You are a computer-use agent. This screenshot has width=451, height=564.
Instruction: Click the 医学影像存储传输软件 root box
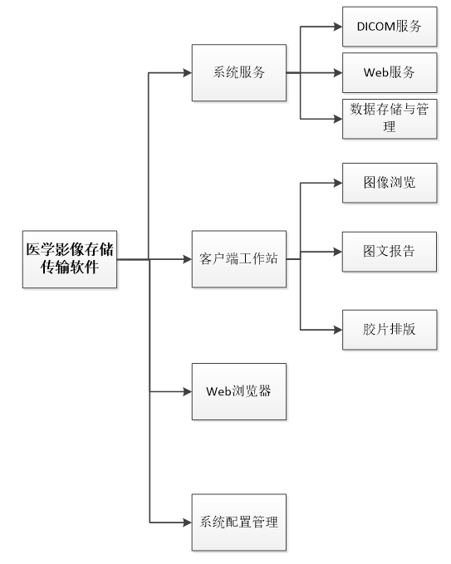[70, 259]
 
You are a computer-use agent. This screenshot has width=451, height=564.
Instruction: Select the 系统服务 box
[239, 72]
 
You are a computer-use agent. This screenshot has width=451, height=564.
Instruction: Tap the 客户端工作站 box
[239, 259]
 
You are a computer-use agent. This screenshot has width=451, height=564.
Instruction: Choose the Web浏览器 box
[239, 391]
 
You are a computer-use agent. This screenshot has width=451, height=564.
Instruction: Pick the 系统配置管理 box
[239, 522]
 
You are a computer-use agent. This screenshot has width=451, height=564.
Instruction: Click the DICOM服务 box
[390, 27]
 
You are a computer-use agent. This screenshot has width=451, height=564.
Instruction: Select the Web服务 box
[390, 72]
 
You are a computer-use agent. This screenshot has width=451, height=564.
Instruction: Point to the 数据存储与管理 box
[390, 119]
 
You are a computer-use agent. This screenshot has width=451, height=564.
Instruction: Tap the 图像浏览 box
[390, 183]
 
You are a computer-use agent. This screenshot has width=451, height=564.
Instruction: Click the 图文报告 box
[390, 252]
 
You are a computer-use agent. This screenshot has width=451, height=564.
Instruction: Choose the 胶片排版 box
[390, 330]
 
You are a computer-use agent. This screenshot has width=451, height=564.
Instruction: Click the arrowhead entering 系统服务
[188, 73]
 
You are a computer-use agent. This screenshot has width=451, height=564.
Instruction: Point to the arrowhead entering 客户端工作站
[188, 259]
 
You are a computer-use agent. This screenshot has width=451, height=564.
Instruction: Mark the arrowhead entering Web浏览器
[188, 391]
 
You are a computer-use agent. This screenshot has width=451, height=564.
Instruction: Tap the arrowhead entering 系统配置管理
[188, 522]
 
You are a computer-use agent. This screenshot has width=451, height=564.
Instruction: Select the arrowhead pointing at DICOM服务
[338, 27]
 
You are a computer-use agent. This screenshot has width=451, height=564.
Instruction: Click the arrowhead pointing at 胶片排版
[338, 330]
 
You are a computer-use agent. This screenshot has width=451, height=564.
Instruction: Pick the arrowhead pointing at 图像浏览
[338, 183]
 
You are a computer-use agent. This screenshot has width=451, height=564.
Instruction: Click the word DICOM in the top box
[375, 27]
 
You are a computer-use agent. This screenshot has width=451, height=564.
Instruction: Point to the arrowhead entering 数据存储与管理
[338, 119]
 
